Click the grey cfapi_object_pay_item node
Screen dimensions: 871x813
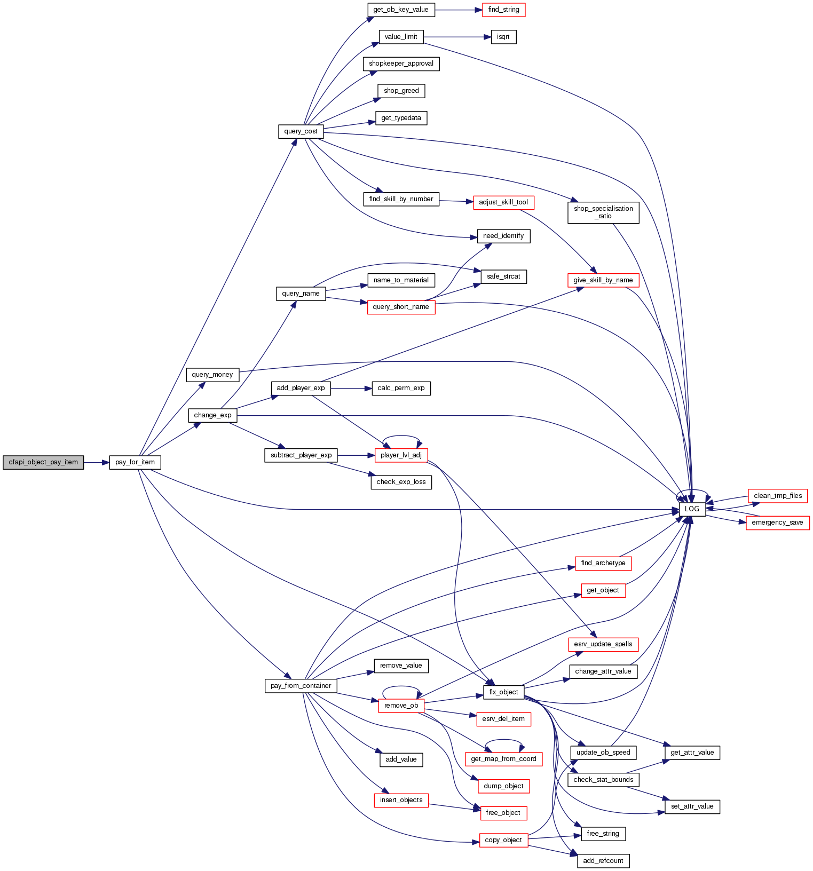click(x=43, y=462)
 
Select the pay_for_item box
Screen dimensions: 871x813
click(x=135, y=462)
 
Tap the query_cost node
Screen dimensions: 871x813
click(x=301, y=131)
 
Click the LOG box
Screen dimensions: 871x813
click(x=692, y=509)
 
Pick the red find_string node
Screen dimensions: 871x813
click(x=503, y=10)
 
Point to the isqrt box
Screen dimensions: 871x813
click(x=503, y=37)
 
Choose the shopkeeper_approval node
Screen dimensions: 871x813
click(x=401, y=64)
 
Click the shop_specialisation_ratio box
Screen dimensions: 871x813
click(x=603, y=212)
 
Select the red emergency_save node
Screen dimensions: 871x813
click(x=777, y=522)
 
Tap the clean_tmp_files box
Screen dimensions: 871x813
click(x=778, y=496)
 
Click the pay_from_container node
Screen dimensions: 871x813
click(x=301, y=686)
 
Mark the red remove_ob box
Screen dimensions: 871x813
click(x=401, y=706)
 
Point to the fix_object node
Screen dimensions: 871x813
click(x=503, y=692)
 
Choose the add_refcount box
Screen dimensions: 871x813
click(x=603, y=861)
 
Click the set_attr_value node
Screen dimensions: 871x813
click(x=692, y=806)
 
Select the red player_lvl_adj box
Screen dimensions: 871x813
click(x=401, y=455)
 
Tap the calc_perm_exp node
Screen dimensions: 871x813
click(x=401, y=388)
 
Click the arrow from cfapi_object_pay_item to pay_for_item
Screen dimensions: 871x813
click(x=96, y=462)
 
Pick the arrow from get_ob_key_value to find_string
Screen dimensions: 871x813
click(x=459, y=10)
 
